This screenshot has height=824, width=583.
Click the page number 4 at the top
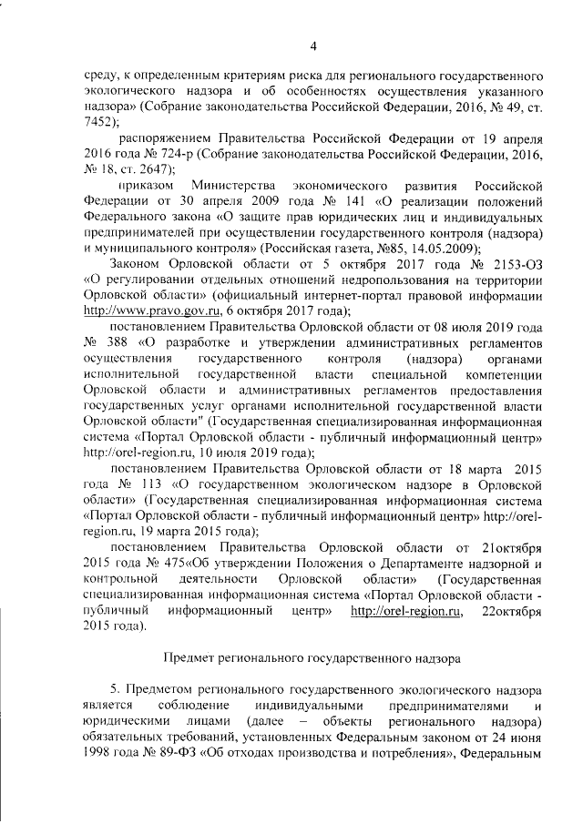[x=312, y=47]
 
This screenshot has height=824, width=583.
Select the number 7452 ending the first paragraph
[x=97, y=120]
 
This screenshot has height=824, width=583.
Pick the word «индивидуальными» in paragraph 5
[x=308, y=707]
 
